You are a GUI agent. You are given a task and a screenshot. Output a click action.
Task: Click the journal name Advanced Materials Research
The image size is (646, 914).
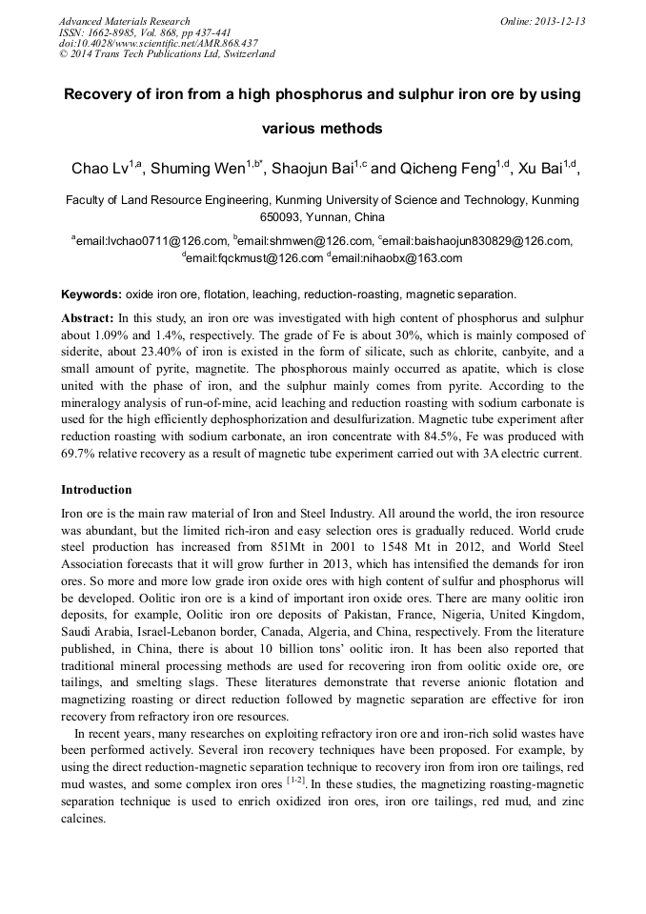coord(124,21)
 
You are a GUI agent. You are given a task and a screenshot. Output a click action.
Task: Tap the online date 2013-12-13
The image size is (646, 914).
coord(557,21)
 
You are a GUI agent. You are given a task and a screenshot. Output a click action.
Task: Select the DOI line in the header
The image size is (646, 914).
coord(158,43)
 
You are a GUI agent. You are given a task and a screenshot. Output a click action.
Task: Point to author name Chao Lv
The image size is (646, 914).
coord(100,170)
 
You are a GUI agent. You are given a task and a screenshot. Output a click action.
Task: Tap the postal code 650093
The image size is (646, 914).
coord(273,217)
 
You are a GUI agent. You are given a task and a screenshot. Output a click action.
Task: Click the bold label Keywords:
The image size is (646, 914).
coord(91,295)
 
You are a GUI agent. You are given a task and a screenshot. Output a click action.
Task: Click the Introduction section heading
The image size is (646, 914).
coord(96,490)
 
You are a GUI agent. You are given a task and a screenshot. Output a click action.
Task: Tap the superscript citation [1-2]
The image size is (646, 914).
coord(296,780)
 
